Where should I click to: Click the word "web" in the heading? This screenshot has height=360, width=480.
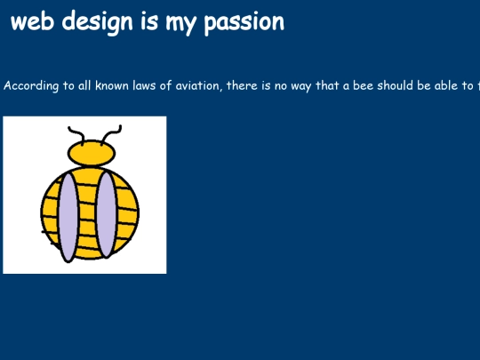point(31,22)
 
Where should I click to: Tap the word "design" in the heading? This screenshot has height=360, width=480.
point(92,22)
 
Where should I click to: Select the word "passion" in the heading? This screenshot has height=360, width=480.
point(244,23)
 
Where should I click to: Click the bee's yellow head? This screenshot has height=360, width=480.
point(92,154)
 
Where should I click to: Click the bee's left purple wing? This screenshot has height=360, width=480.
point(68,216)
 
